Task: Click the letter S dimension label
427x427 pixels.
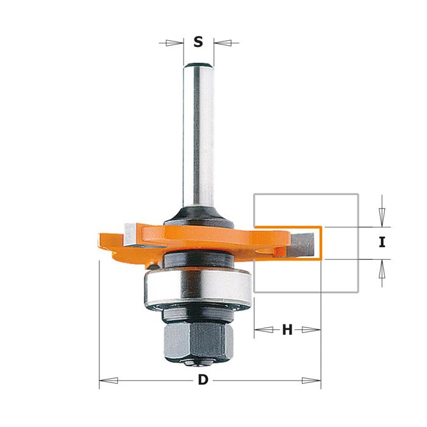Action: (198, 42)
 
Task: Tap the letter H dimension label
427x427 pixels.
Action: (287, 330)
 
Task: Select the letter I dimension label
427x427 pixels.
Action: (382, 242)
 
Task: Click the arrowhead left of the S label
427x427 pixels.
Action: (174, 43)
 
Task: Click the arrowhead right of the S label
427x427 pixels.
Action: (223, 43)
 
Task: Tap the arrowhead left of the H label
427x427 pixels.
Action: (264, 330)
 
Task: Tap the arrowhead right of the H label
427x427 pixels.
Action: (311, 330)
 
